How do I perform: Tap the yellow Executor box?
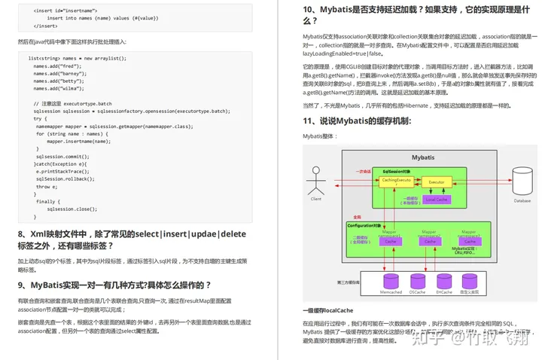[x=436, y=182]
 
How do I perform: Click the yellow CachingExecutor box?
[x=396, y=182]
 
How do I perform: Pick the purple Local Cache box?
[x=436, y=200]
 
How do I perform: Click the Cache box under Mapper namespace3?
[x=469, y=242]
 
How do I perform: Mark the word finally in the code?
[x=47, y=201]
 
